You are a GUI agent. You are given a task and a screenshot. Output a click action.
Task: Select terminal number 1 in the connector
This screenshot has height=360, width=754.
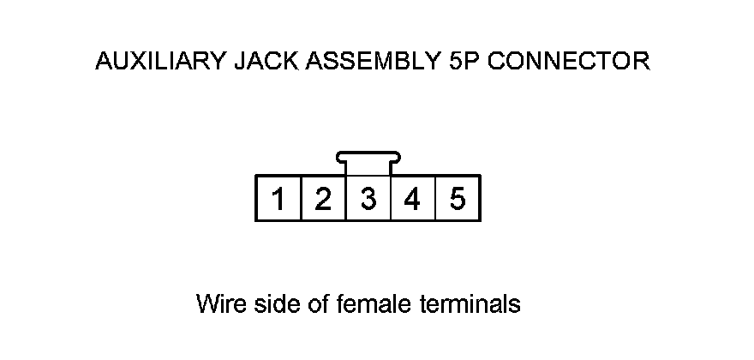pos(278,200)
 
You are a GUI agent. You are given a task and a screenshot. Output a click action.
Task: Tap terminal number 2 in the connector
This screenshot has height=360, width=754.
pos(323,200)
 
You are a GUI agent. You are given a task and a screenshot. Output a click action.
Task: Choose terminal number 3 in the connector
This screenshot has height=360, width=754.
pos(368,200)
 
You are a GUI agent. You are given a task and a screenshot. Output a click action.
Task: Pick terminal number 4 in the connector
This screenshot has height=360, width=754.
pos(413,200)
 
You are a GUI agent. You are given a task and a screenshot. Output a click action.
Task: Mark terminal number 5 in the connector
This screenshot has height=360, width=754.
pos(458,200)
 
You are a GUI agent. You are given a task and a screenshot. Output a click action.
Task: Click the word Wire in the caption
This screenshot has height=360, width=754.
pos(218,304)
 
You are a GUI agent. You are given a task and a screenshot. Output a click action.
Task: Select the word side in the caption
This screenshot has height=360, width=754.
pos(271,304)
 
